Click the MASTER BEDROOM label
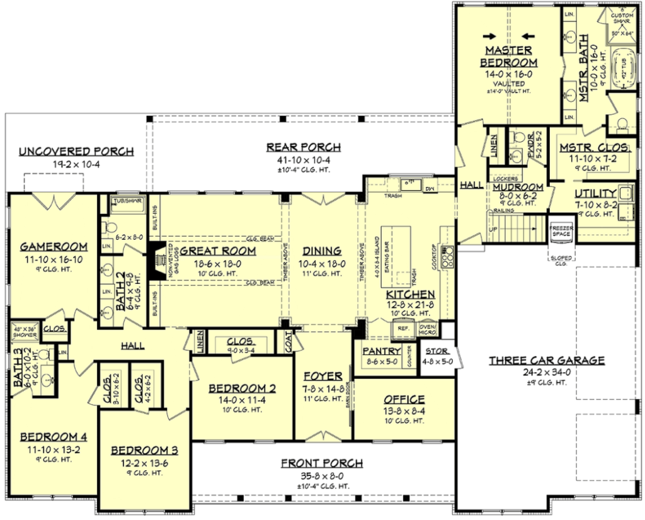click(x=508, y=56)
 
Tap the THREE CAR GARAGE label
click(x=547, y=361)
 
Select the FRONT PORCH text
click(x=322, y=463)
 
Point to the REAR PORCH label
click(x=304, y=147)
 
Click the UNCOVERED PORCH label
click(x=76, y=151)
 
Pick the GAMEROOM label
click(x=53, y=246)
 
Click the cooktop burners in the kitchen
click(x=448, y=257)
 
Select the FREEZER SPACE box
click(x=561, y=230)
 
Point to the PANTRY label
click(x=380, y=351)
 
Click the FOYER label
click(x=322, y=376)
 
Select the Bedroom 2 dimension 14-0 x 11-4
click(x=238, y=399)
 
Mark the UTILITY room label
click(x=595, y=193)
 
